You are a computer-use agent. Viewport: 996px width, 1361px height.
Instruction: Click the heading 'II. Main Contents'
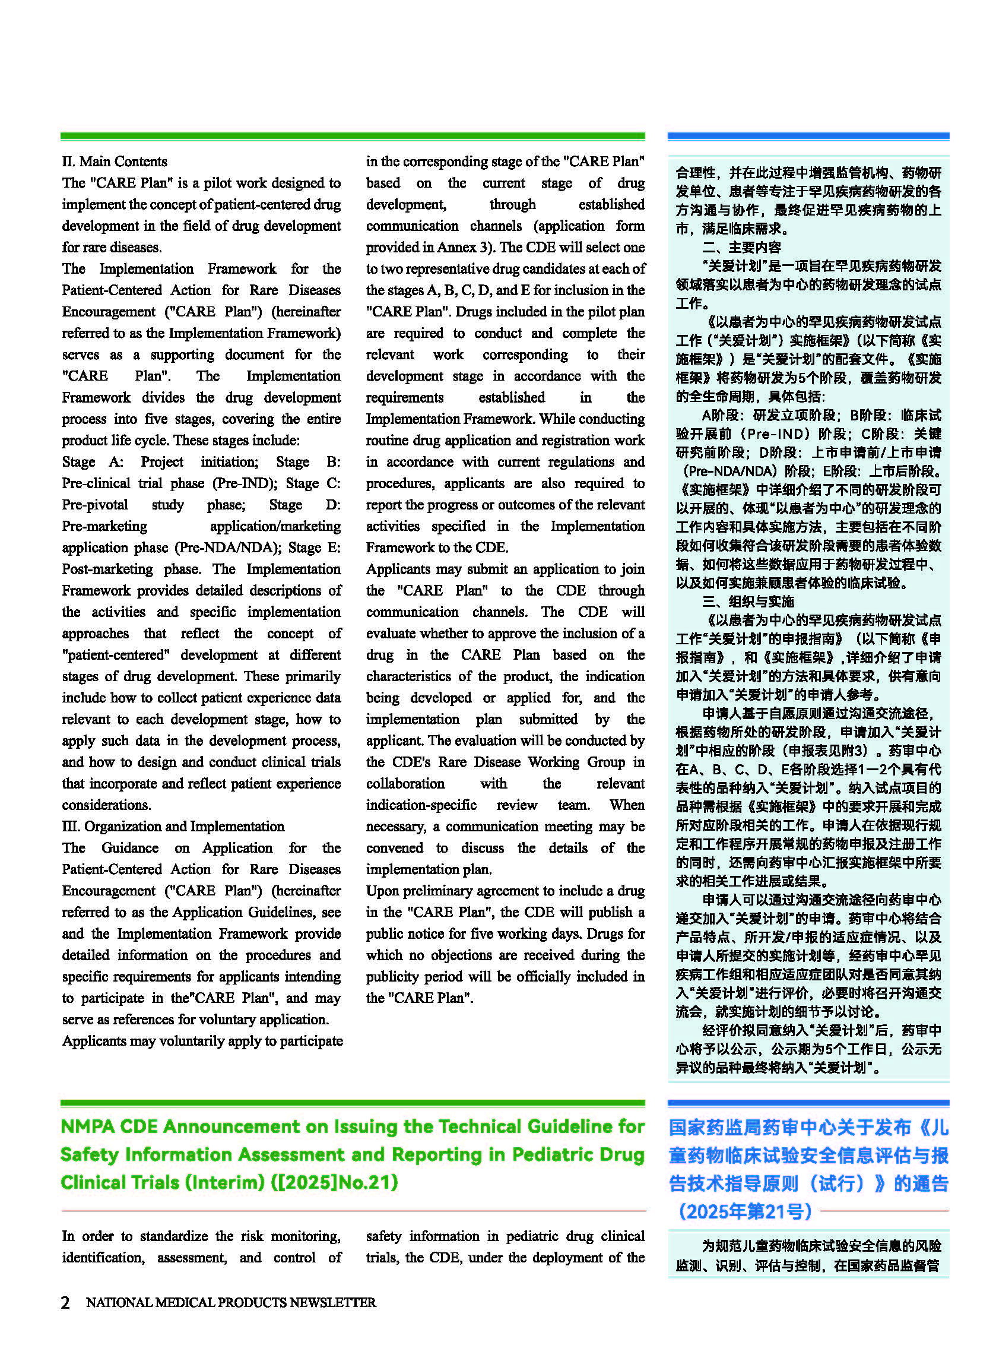(x=115, y=162)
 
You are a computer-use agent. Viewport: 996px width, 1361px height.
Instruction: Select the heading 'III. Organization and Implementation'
(x=173, y=827)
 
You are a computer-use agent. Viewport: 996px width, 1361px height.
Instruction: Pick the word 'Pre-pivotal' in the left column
(x=94, y=505)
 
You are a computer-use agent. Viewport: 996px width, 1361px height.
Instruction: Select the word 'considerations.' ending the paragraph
(x=107, y=805)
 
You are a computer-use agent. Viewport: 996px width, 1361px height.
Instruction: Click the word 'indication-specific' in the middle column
(x=421, y=805)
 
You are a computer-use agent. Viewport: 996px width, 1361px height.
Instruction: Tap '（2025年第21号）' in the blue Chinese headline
(x=745, y=1211)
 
